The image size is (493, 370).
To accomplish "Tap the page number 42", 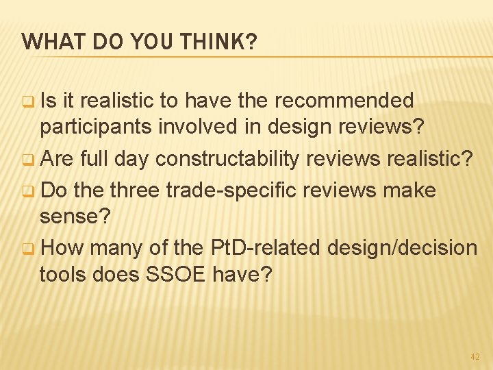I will pos(475,357).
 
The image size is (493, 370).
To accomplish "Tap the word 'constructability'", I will pos(227,160).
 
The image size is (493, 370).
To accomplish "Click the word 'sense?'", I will pos(73,217).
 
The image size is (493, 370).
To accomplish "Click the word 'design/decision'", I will pos(402,247).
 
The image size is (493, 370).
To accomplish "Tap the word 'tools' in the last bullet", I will pos(62,275).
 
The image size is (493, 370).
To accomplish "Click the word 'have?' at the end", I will pos(242,275).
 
